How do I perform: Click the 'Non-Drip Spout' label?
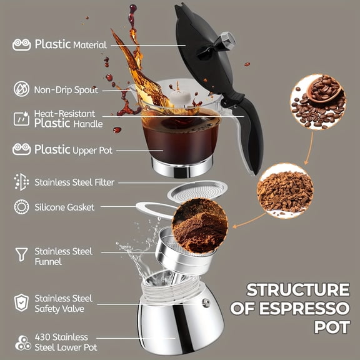pos(66,89)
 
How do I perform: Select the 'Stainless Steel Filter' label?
pos(74,182)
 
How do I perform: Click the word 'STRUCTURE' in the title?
pos(297,290)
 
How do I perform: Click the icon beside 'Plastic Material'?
pos(21,45)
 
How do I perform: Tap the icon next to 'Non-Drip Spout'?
pos(21,89)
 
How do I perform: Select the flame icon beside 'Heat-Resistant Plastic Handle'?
pos(21,118)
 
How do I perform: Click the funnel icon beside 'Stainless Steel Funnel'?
pos(21,254)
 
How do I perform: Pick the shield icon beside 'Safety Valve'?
pos(21,302)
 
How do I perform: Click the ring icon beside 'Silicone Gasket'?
pos(21,207)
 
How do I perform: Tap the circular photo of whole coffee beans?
pos(317,101)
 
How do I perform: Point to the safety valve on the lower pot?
pos(206,303)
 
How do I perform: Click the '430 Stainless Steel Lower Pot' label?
pos(61,342)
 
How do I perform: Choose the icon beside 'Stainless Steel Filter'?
pos(21,182)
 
